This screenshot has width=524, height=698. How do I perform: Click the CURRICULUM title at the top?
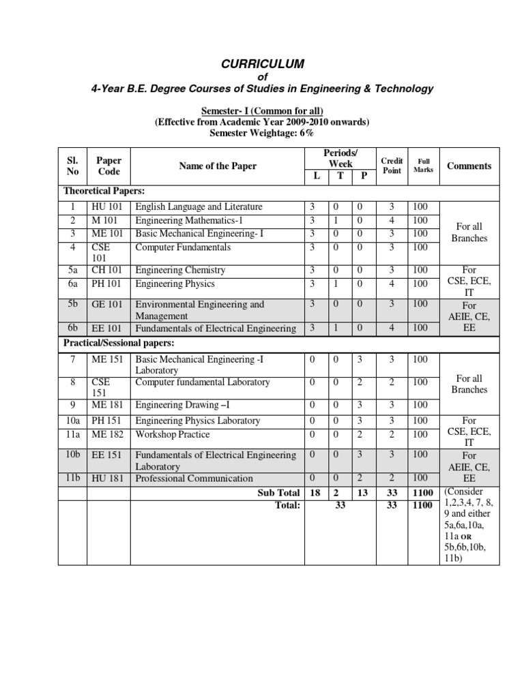pos(262,64)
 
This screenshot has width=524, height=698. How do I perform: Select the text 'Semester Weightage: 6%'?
pos(262,133)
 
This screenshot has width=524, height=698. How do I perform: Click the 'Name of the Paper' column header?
pos(218,166)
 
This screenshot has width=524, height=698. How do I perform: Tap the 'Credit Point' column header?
pos(392,166)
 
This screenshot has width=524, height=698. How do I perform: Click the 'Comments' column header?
pos(469,166)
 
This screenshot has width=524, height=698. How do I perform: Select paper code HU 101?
pos(106,207)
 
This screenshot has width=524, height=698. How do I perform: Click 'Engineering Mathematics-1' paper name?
pos(189,220)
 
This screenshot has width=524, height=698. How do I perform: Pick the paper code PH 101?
pos(106,284)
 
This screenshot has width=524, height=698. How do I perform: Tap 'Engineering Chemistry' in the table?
pos(180,270)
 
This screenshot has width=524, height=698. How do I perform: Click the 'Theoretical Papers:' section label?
pos(104,192)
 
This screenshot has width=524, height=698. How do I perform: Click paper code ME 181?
pos(107,405)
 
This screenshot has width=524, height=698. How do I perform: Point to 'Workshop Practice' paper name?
pos(173,434)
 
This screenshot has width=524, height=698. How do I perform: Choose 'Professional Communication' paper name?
pos(194,479)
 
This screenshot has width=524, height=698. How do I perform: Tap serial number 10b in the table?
pos(73,454)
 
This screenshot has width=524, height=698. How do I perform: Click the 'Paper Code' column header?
pos(108,166)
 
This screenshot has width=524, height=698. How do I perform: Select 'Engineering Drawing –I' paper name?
pos(183,405)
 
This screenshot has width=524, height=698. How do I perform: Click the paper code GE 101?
pos(106,305)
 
